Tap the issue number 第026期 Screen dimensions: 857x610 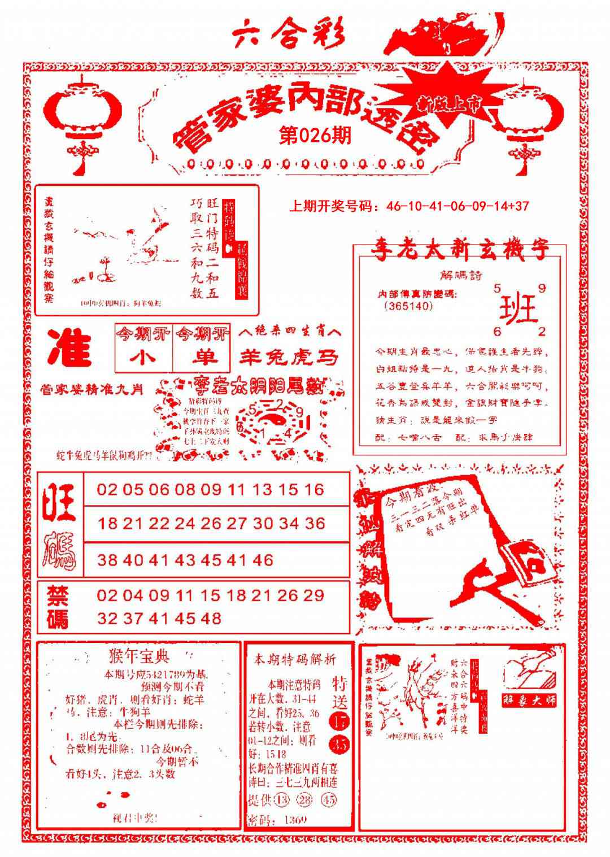[x=315, y=135]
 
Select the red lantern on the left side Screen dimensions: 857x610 [x=83, y=115]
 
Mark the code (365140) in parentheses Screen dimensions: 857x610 [x=408, y=306]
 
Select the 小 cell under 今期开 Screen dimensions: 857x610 [x=143, y=358]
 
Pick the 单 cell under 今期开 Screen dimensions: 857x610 [x=202, y=358]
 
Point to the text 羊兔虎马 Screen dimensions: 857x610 [x=289, y=357]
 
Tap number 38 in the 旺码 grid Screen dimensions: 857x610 [x=106, y=560]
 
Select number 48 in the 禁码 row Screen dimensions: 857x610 [x=210, y=618]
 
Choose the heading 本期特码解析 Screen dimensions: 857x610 [x=295, y=659]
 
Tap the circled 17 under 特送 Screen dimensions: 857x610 [x=340, y=721]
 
